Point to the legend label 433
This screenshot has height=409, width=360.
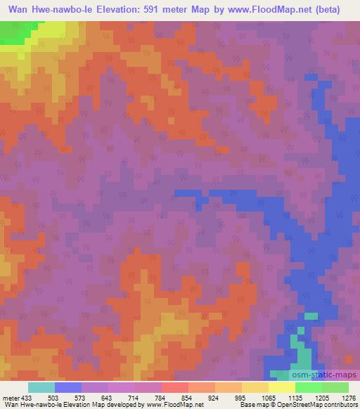click(27, 397)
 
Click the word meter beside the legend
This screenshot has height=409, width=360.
click(11, 397)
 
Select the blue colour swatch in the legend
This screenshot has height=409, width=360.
click(67, 387)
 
